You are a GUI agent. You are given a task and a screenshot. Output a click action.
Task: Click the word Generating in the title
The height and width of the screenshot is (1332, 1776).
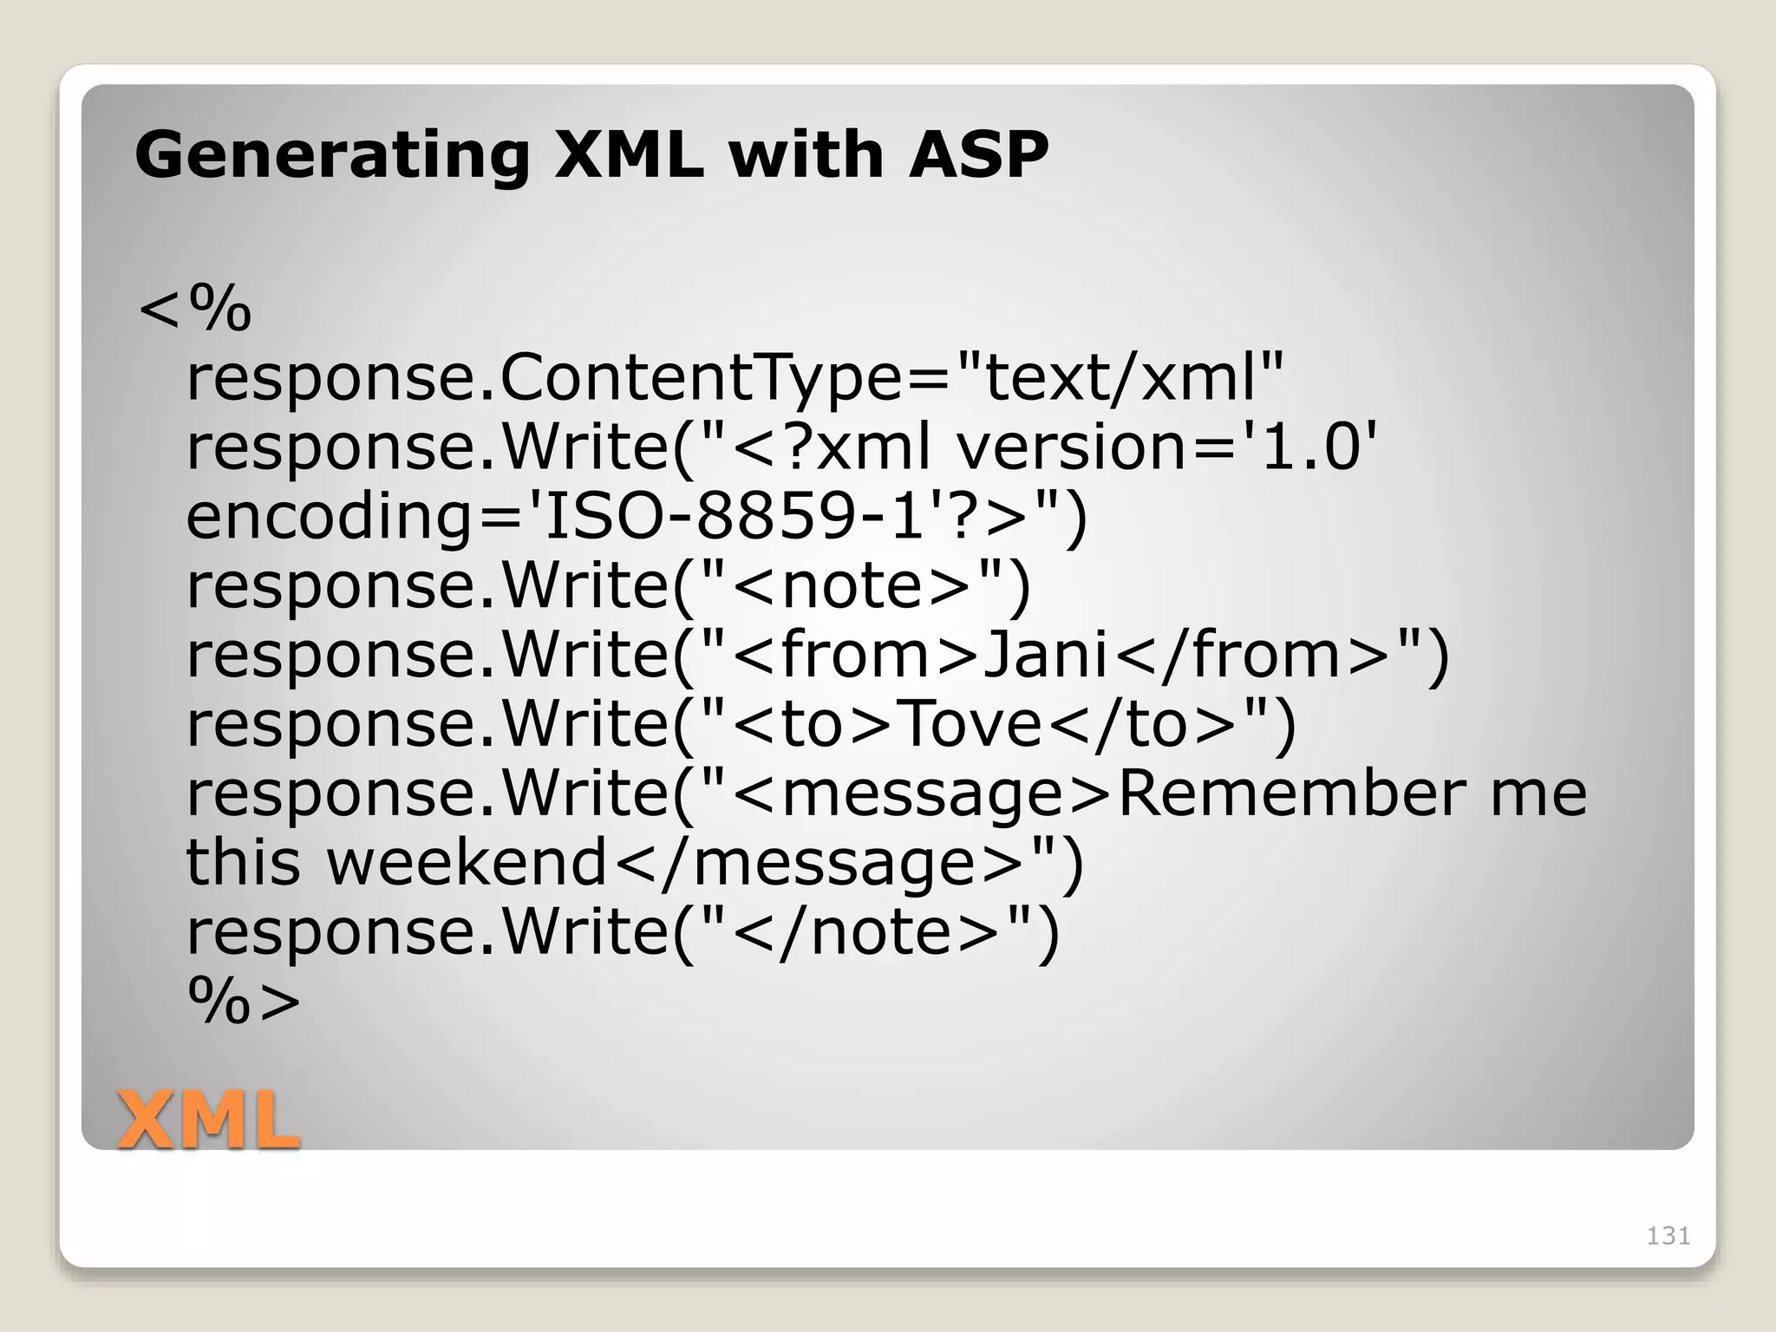(331, 156)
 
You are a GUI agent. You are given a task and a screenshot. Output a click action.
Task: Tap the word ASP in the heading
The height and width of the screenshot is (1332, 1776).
(978, 156)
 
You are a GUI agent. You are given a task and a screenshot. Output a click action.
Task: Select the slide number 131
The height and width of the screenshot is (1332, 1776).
(1668, 1236)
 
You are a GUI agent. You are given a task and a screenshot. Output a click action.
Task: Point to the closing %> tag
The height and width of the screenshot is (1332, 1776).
(244, 1002)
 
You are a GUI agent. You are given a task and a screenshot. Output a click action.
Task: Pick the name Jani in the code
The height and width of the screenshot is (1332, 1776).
(1046, 655)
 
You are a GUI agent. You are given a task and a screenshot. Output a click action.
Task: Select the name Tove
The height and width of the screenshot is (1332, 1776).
(969, 724)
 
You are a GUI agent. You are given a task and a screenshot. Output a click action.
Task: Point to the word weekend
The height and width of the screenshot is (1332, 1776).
(467, 863)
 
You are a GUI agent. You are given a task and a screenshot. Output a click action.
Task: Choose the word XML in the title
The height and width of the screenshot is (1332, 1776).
(629, 156)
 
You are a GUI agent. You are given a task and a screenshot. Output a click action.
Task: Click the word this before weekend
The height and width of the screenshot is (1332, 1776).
(244, 863)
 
